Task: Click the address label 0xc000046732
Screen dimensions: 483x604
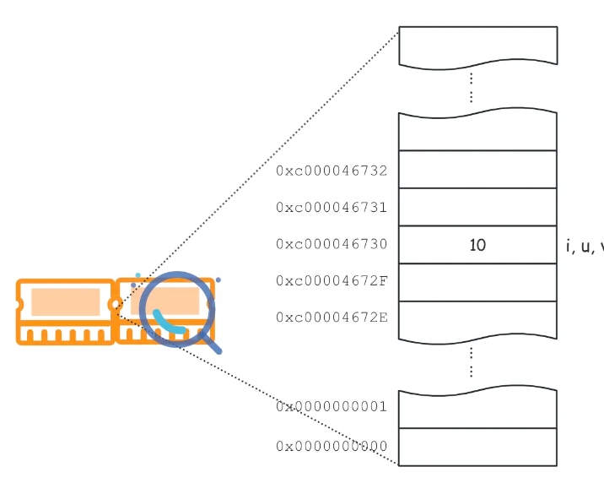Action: pos(332,171)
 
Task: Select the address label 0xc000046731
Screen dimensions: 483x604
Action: pos(332,207)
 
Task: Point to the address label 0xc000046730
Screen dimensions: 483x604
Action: pos(332,244)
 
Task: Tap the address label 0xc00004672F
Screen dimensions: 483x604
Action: pos(332,280)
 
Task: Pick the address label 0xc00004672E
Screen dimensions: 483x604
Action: pos(332,317)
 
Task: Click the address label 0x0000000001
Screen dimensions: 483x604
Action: pos(332,406)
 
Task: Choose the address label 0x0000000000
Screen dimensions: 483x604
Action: pos(332,446)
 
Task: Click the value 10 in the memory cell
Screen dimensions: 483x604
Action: pos(477,245)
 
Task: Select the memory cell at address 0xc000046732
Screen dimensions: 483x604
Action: pos(477,169)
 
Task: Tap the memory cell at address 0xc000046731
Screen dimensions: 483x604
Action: pos(477,207)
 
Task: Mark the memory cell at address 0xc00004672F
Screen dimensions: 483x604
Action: pos(477,282)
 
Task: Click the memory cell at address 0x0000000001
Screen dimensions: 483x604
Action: pos(477,410)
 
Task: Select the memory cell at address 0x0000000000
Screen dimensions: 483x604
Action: pos(477,447)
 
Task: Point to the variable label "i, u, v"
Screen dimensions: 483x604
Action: pos(585,247)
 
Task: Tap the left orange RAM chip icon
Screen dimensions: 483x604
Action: pos(65,312)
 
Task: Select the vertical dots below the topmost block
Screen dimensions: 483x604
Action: pos(471,87)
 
